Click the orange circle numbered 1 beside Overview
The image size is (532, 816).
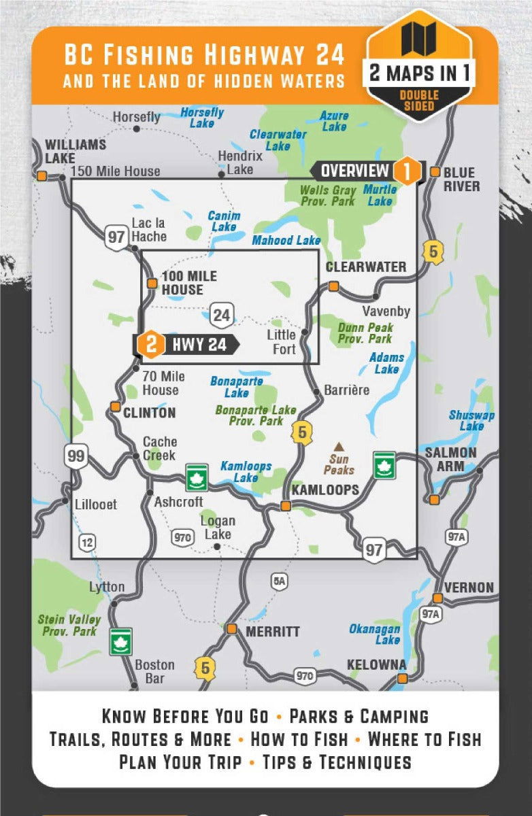tap(407, 171)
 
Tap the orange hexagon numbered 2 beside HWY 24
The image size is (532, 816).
tap(150, 345)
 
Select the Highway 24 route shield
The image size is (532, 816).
tap(221, 314)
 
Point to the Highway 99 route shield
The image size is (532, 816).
tap(76, 456)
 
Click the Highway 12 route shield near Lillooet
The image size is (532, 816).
tap(86, 542)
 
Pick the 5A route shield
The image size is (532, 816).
tap(279, 580)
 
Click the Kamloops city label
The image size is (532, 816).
tap(325, 490)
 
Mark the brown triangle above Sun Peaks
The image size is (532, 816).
tap(338, 445)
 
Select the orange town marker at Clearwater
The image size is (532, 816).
tap(333, 286)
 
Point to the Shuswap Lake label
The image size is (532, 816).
tap(471, 421)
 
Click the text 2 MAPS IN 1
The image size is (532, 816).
tap(419, 73)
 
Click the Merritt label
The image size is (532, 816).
tap(272, 632)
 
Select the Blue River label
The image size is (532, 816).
tap(461, 180)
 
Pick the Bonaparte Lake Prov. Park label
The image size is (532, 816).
tap(256, 415)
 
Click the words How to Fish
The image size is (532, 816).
tap(299, 739)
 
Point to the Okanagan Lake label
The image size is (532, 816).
tap(375, 634)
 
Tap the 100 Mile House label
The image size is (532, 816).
tap(189, 283)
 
